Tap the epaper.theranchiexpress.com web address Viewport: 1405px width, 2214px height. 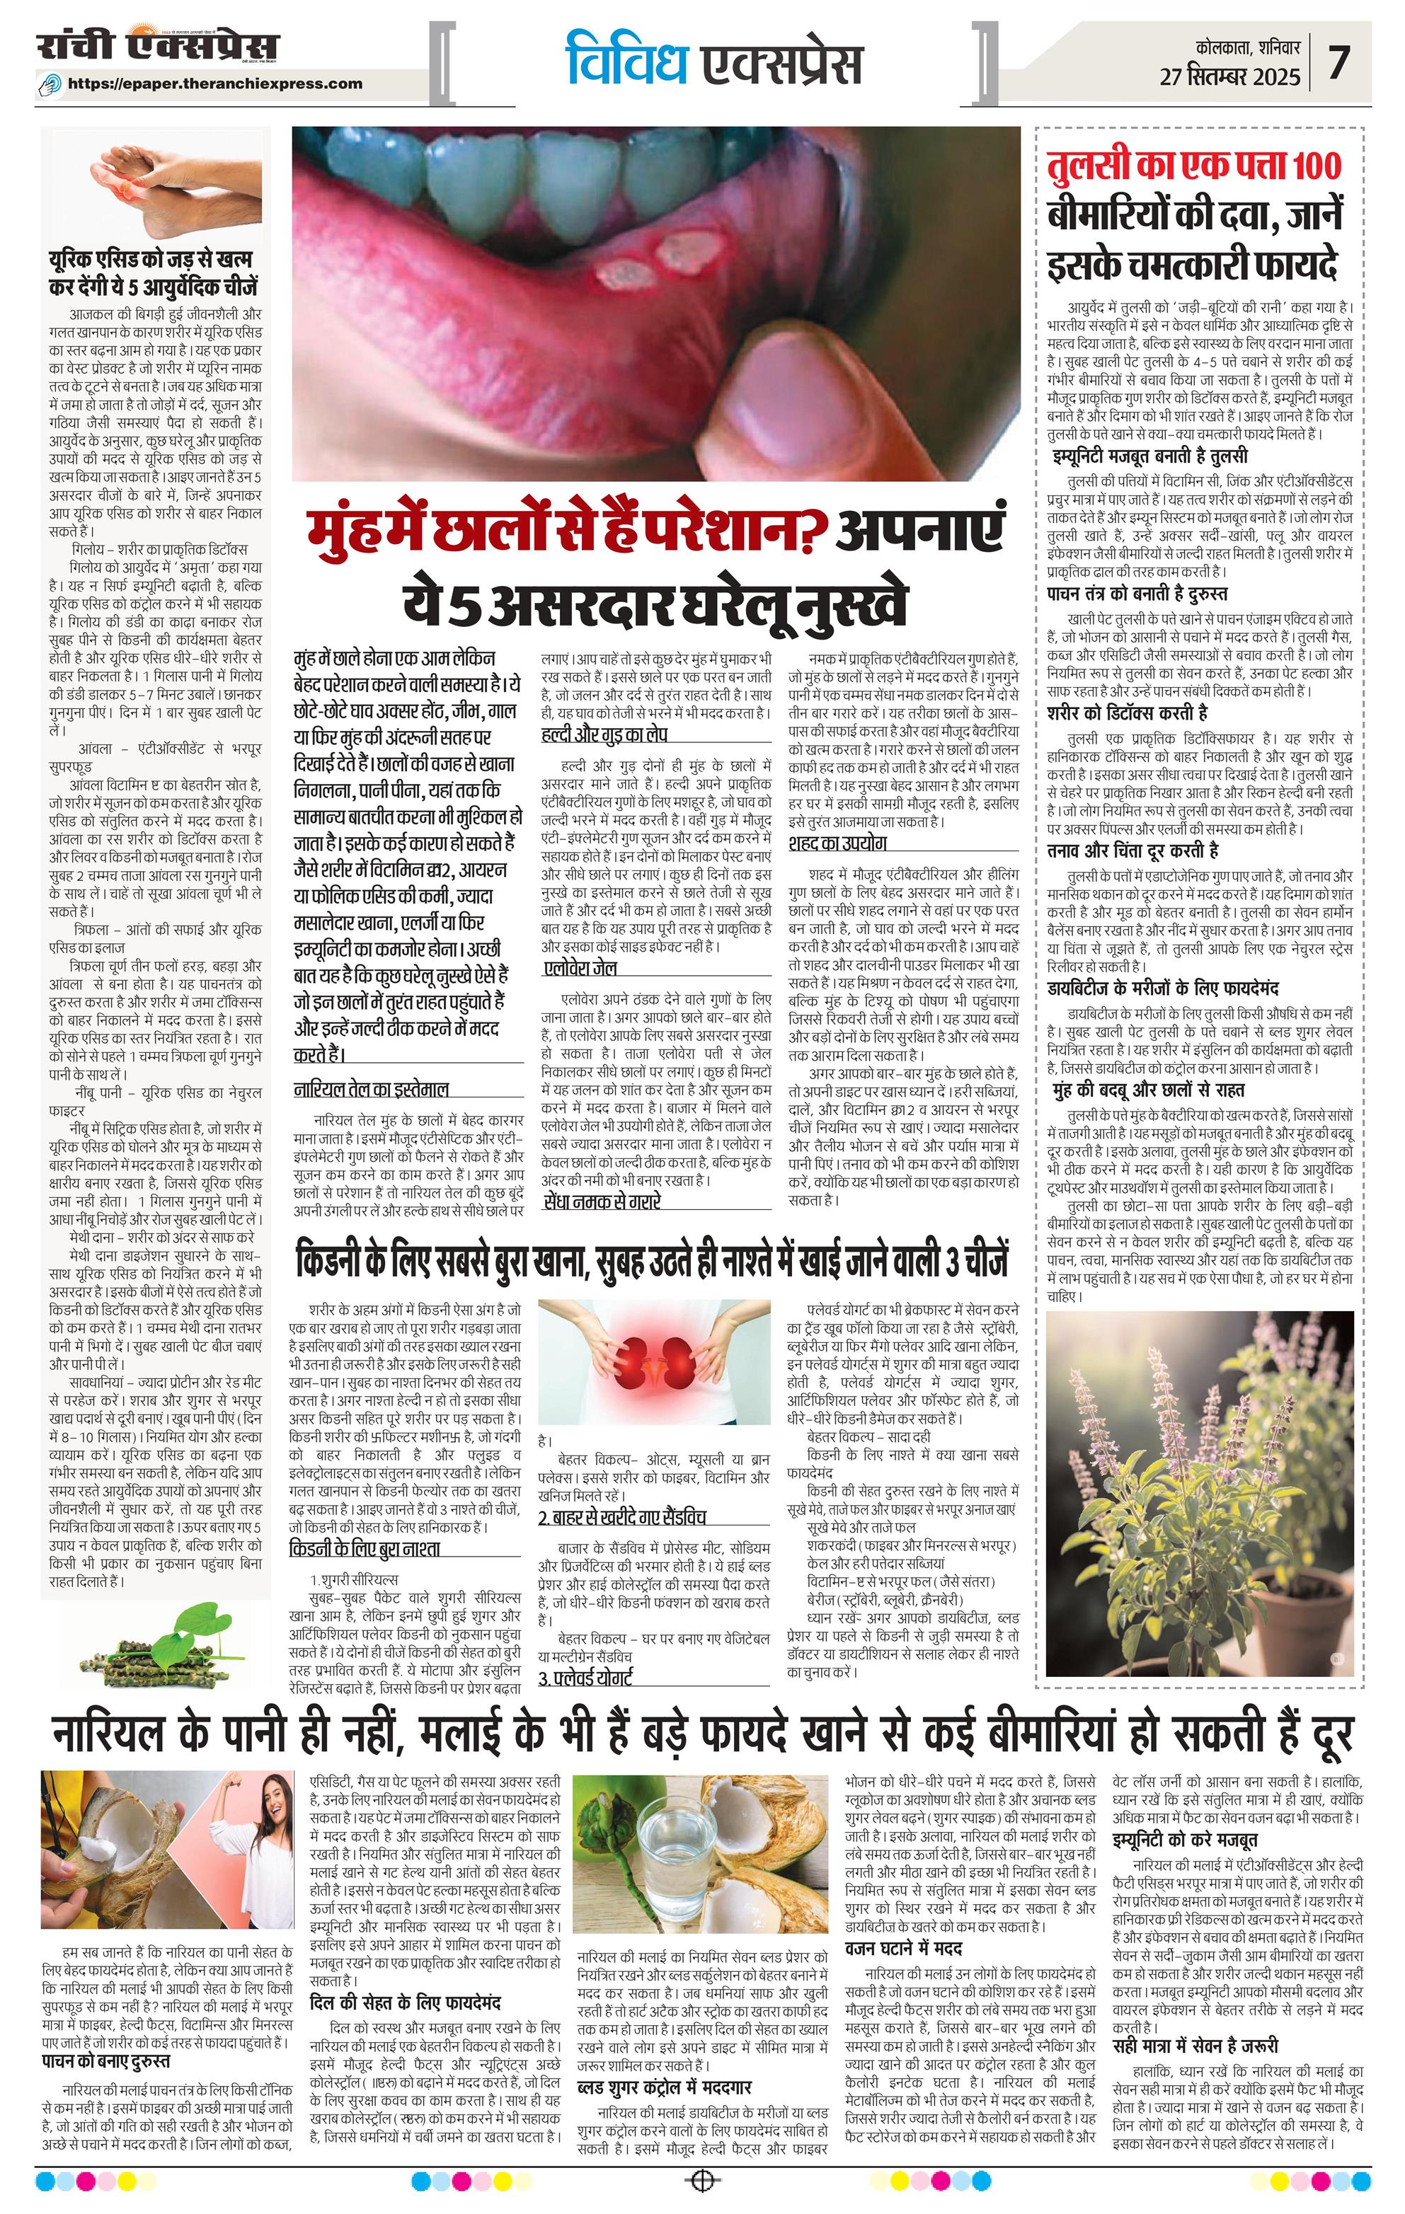(x=215, y=83)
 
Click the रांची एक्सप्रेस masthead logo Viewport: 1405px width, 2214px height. (x=158, y=47)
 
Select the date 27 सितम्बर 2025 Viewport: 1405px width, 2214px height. (x=1230, y=76)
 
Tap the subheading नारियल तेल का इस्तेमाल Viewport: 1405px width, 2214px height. (x=372, y=1090)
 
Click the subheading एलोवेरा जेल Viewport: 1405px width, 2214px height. (x=579, y=968)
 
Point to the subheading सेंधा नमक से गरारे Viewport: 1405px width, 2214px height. (x=602, y=1201)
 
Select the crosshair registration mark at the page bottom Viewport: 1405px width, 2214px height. (x=702, y=2180)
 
